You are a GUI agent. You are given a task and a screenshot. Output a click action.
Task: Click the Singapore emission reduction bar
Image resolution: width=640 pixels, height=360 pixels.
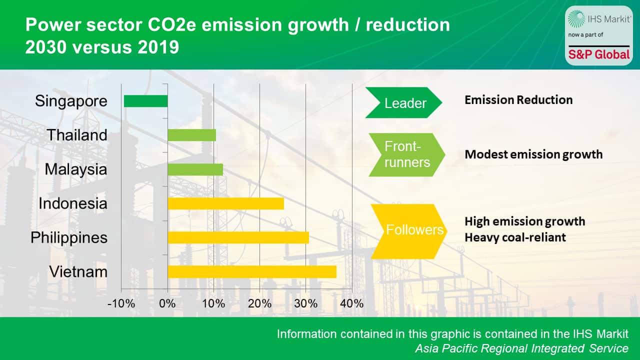tap(145, 101)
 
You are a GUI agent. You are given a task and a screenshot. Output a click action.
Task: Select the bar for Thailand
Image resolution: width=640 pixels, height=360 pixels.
tap(191, 135)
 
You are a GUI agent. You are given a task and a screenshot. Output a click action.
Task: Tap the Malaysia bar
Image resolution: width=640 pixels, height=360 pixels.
tap(195, 169)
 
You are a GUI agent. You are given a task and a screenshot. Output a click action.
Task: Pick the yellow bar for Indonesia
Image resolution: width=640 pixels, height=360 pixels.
tap(225, 203)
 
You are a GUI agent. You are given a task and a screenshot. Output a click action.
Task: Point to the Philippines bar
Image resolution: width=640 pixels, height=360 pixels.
tap(238, 237)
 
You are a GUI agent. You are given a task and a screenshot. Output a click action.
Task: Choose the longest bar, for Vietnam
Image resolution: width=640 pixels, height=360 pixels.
tap(251, 271)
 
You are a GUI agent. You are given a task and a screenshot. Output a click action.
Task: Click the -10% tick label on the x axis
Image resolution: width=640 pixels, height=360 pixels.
tap(121, 303)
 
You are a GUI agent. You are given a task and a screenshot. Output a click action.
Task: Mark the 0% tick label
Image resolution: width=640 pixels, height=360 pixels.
tap(167, 303)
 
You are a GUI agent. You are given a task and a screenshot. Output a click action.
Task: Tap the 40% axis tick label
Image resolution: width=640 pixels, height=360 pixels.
tap(352, 303)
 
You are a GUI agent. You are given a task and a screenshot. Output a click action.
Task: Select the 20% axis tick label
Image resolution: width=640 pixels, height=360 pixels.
tap(260, 303)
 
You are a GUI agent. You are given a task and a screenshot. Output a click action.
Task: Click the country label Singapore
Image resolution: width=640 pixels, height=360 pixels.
tap(71, 101)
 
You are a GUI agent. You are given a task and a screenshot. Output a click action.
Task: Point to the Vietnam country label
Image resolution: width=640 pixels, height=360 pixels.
tap(78, 271)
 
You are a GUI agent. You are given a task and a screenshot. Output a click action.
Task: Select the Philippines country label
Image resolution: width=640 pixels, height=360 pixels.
tap(69, 237)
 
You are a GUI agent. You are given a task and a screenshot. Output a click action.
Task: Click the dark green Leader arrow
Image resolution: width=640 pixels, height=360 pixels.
tap(404, 103)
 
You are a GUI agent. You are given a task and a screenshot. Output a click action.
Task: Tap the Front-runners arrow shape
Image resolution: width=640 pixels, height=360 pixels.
tap(406, 154)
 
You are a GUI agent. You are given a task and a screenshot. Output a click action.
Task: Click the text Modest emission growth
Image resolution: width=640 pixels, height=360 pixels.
tap(533, 154)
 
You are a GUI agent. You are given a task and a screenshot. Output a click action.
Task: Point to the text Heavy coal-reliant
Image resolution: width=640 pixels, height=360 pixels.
tap(515, 237)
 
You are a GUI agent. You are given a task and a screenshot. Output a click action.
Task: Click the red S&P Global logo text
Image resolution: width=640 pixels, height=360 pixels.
tap(598, 54)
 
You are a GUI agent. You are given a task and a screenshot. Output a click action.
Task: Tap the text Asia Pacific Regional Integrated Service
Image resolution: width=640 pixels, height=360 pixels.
tap(521, 348)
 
